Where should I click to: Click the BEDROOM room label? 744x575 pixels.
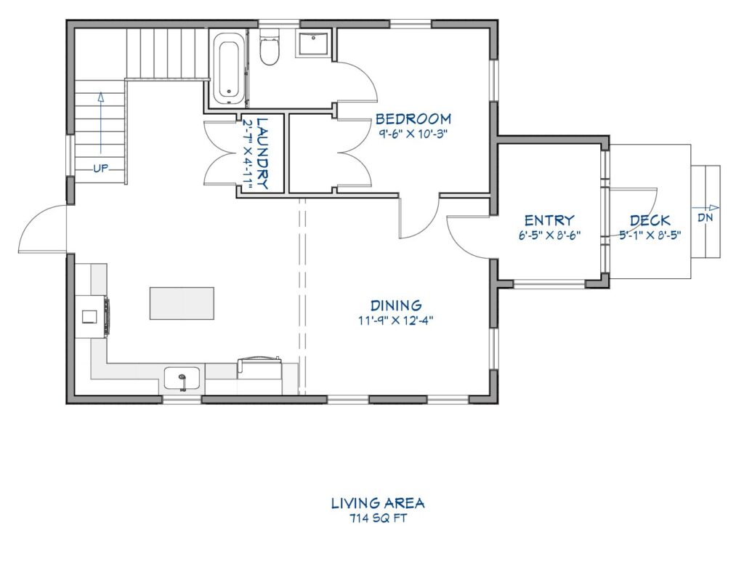413,118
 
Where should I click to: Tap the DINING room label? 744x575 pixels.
396,305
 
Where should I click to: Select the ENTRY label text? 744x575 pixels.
549,220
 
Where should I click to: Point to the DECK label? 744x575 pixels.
650,220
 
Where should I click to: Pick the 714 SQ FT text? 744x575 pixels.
378,518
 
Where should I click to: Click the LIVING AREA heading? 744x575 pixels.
378,503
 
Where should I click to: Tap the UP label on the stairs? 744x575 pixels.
100,169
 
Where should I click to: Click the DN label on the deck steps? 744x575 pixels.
705,217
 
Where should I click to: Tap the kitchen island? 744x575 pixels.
182,303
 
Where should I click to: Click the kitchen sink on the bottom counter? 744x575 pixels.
182,379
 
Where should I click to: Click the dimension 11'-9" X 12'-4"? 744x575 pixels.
396,320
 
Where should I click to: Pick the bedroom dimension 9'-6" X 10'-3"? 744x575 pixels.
413,133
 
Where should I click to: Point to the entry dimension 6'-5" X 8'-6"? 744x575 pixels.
549,235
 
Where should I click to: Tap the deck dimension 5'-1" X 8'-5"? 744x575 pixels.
650,235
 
